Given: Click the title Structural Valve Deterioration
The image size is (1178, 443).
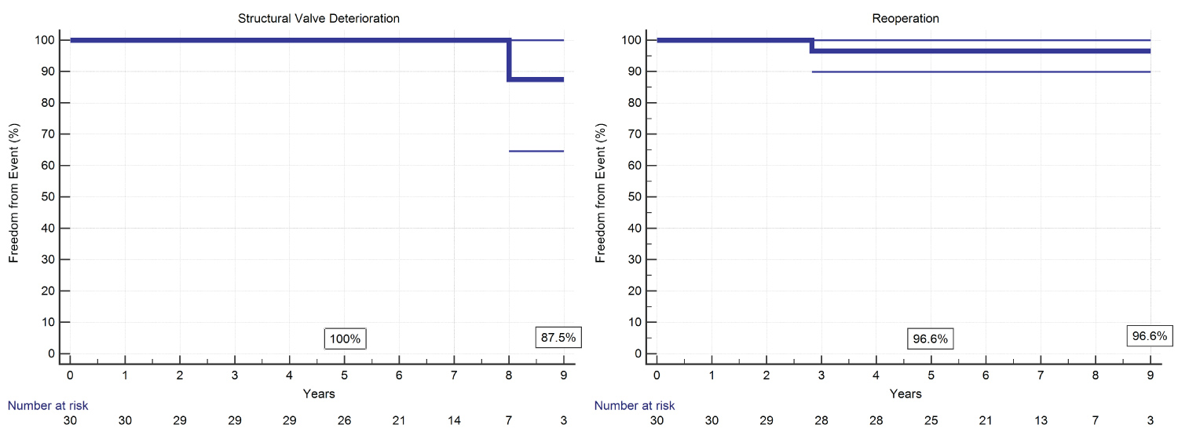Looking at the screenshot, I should [316, 16].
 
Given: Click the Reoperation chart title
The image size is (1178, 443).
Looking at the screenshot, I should [903, 16].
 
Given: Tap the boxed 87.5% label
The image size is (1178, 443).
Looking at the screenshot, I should [558, 337].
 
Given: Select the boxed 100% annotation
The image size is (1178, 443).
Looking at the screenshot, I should [345, 339].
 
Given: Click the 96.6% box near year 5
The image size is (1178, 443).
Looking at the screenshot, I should [931, 339].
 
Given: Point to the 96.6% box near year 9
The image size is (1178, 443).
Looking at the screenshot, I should [1150, 335].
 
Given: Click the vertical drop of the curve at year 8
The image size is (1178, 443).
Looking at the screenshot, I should [510, 60].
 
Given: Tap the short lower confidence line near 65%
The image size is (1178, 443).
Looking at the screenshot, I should [536, 151].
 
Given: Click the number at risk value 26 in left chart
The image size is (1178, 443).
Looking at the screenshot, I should [345, 421].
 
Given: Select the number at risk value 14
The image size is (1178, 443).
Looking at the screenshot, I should [454, 421].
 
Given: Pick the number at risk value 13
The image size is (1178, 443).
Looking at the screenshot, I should [1041, 421].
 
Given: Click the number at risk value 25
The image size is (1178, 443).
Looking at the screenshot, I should [931, 421].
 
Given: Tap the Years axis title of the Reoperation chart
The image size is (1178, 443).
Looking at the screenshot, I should [905, 393].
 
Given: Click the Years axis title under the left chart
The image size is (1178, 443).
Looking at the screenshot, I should [318, 393].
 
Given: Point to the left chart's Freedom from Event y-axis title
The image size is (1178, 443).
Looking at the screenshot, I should [14, 192].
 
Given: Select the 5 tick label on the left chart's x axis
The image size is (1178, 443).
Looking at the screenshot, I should [345, 375].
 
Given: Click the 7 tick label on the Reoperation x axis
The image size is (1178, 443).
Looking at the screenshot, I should [1041, 375].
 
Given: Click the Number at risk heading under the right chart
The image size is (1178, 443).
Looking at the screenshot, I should [634, 406].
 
